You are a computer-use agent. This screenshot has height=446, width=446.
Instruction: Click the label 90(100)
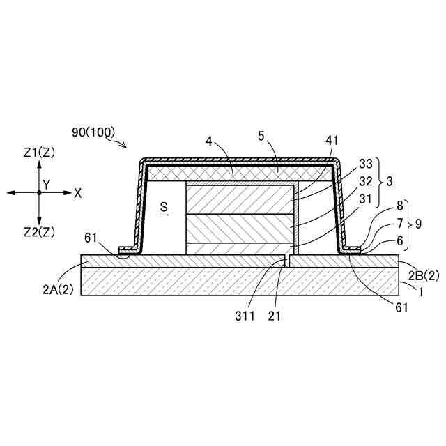93,131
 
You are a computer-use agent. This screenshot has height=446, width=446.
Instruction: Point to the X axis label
77,193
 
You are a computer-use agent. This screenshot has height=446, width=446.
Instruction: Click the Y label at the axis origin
46,184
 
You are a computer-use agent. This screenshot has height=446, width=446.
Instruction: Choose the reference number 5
261,138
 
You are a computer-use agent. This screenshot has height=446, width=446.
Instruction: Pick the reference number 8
399,207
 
